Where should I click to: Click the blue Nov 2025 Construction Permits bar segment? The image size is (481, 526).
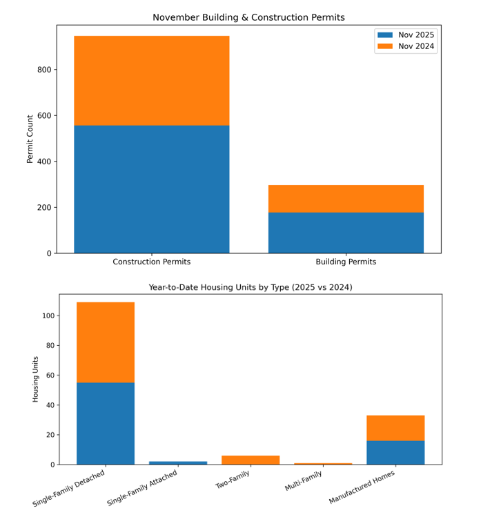152,188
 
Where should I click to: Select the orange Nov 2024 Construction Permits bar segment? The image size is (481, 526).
152,80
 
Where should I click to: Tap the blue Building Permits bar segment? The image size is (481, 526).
346,232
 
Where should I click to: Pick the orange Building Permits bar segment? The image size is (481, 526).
346,198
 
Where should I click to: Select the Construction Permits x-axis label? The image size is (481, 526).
152,262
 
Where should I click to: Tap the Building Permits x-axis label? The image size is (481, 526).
346,262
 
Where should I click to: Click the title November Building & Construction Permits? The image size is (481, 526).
248,17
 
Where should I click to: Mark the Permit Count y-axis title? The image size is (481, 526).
30,139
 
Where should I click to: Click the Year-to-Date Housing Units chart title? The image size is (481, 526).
251,287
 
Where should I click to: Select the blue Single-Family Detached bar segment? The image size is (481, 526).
106,423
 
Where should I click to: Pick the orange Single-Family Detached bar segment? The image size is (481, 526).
106,342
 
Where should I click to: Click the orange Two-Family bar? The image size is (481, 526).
251,460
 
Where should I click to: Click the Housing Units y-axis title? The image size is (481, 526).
36,379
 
